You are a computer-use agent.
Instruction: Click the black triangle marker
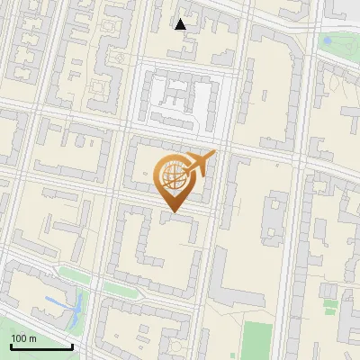pos(181,24)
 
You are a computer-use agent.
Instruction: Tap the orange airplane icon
pos(200,163)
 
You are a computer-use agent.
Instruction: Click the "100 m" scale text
pos(23,337)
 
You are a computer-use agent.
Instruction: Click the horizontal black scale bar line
pos(41,346)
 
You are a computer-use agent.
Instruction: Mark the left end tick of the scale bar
pos(11,345)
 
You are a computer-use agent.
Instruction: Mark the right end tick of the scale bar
pos(72,345)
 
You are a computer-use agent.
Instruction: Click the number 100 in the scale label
pos(18,337)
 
